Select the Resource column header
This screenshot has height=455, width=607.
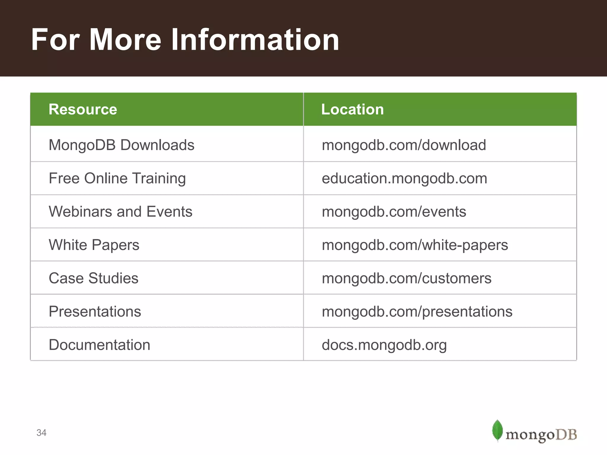click(x=83, y=109)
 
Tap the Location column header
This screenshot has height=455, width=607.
click(x=352, y=109)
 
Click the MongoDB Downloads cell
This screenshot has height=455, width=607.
click(x=122, y=145)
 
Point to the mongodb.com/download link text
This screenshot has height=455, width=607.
click(x=404, y=145)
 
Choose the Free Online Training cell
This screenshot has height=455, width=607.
click(x=117, y=178)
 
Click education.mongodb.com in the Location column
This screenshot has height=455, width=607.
click(x=404, y=178)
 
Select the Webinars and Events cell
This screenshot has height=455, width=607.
click(x=120, y=212)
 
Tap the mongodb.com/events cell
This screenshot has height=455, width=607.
click(x=394, y=212)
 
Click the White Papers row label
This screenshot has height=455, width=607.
click(x=94, y=245)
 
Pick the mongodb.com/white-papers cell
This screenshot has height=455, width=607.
click(x=415, y=245)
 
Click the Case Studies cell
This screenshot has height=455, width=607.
click(x=93, y=278)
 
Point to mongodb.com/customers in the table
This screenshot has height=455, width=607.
click(x=406, y=278)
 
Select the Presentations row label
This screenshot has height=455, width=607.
click(x=95, y=311)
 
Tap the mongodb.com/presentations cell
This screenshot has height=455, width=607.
click(x=417, y=311)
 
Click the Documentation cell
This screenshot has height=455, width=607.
click(x=99, y=345)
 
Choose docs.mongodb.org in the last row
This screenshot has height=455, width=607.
click(x=384, y=345)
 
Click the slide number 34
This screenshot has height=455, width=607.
click(x=41, y=433)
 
